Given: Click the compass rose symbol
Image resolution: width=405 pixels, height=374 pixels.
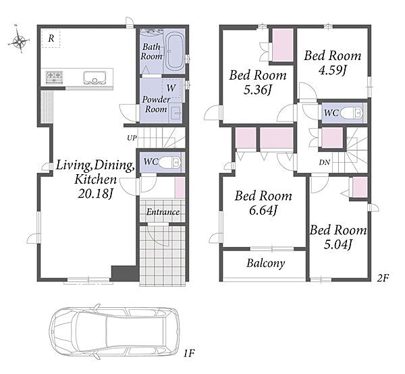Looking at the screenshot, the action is (19, 40).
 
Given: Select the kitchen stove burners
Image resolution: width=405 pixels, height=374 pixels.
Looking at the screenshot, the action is (55, 77).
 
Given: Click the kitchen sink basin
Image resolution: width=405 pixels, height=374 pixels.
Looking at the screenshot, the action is (94, 78).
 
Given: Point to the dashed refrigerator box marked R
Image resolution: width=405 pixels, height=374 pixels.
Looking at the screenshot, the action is (51, 38).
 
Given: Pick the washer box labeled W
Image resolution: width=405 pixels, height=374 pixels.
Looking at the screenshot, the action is (171, 88).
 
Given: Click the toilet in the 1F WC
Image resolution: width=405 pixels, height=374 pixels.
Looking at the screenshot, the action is (169, 163).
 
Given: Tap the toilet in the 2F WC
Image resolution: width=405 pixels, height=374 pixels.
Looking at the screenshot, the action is (352, 113).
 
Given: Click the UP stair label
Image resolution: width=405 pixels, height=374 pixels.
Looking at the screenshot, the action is (132, 138).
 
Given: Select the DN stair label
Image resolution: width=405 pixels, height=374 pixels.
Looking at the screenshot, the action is (325, 163).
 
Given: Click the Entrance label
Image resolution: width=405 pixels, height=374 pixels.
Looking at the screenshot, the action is (163, 212).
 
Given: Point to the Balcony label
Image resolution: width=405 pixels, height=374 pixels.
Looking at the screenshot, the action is (266, 263).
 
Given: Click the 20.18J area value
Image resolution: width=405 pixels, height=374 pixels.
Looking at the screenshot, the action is (95, 193).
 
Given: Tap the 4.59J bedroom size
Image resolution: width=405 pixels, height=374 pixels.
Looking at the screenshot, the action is (332, 70).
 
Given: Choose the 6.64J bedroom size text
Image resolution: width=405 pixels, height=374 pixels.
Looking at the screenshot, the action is (263, 210).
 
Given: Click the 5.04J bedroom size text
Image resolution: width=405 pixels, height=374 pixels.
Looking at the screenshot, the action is (337, 244).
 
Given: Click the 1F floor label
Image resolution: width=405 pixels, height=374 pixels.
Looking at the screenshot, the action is (188, 353).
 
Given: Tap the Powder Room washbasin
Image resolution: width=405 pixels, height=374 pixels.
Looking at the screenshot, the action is (175, 113).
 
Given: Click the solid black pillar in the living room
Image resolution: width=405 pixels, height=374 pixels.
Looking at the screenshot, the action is (125, 273).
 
